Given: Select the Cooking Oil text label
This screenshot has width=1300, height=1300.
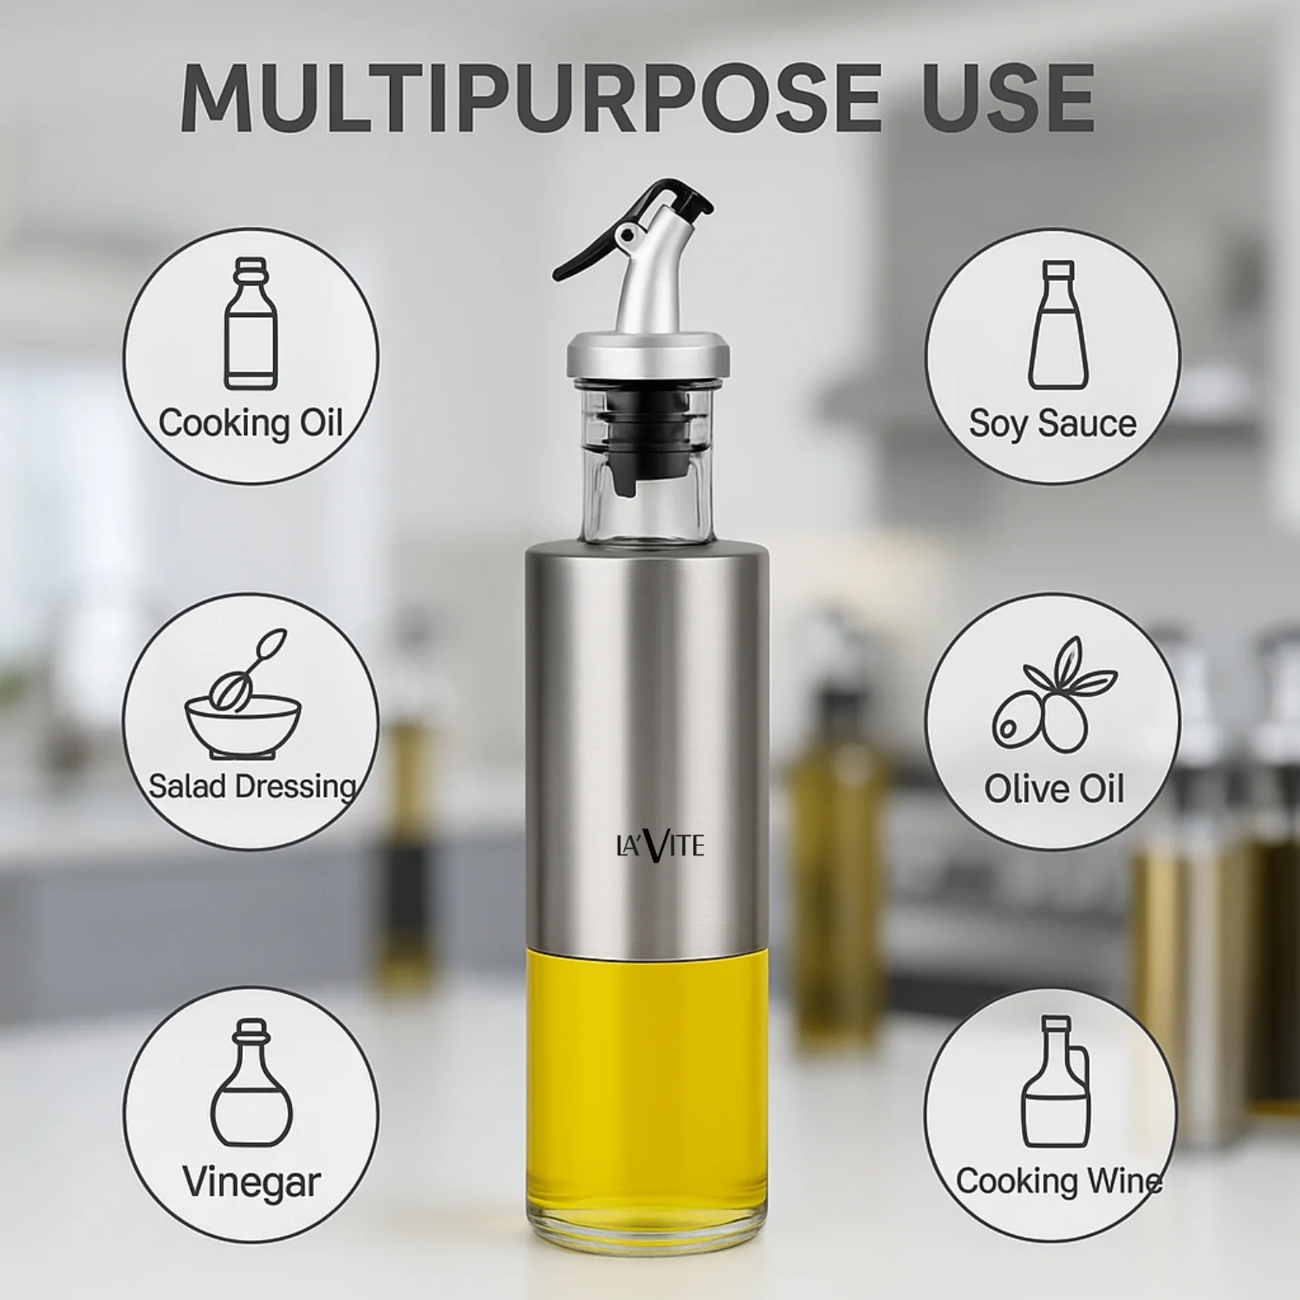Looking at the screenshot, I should (250, 424).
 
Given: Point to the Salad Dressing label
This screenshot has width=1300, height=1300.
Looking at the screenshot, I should (251, 786).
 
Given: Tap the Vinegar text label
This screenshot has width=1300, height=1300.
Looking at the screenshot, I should (251, 1181).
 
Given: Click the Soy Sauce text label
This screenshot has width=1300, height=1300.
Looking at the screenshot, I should (1052, 424).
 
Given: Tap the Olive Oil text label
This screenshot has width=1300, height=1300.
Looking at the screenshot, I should (1054, 789).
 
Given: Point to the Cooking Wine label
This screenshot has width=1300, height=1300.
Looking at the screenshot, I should (1058, 1181).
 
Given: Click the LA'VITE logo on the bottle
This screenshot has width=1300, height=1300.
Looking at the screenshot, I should (660, 845).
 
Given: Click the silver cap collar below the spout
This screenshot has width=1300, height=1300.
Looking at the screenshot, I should (647, 355).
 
